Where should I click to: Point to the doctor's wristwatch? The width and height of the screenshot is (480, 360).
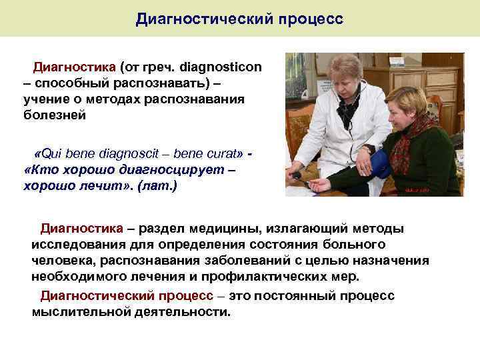point(365,150)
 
